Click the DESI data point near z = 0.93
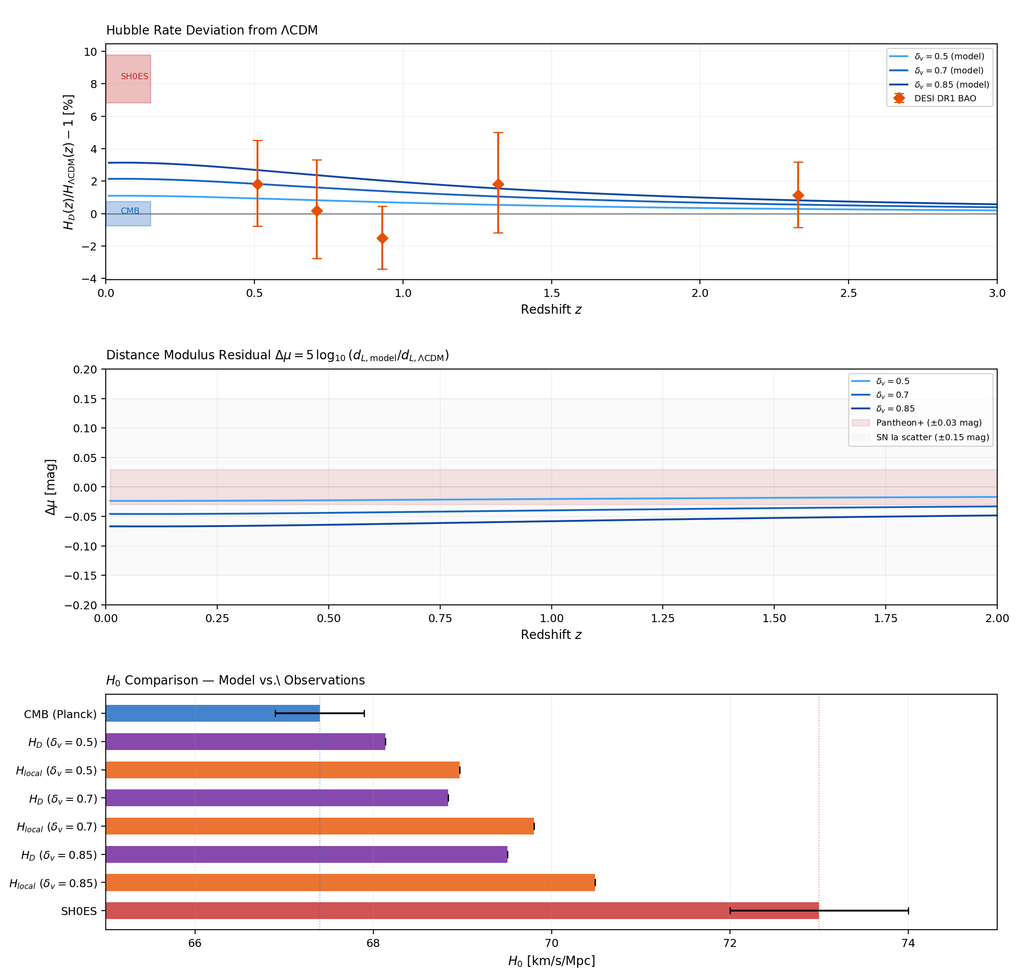382,238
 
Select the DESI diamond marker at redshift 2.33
798,196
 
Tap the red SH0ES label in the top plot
134,77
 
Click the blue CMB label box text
130,211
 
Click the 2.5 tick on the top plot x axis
848,293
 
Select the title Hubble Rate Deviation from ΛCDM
212,30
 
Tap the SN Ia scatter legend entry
932,437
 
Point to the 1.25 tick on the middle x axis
663,618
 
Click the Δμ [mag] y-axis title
50,487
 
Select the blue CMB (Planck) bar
212,713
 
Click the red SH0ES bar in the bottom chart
462,911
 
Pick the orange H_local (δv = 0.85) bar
350,882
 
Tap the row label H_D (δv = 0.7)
63,798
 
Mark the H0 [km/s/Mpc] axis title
551,961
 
